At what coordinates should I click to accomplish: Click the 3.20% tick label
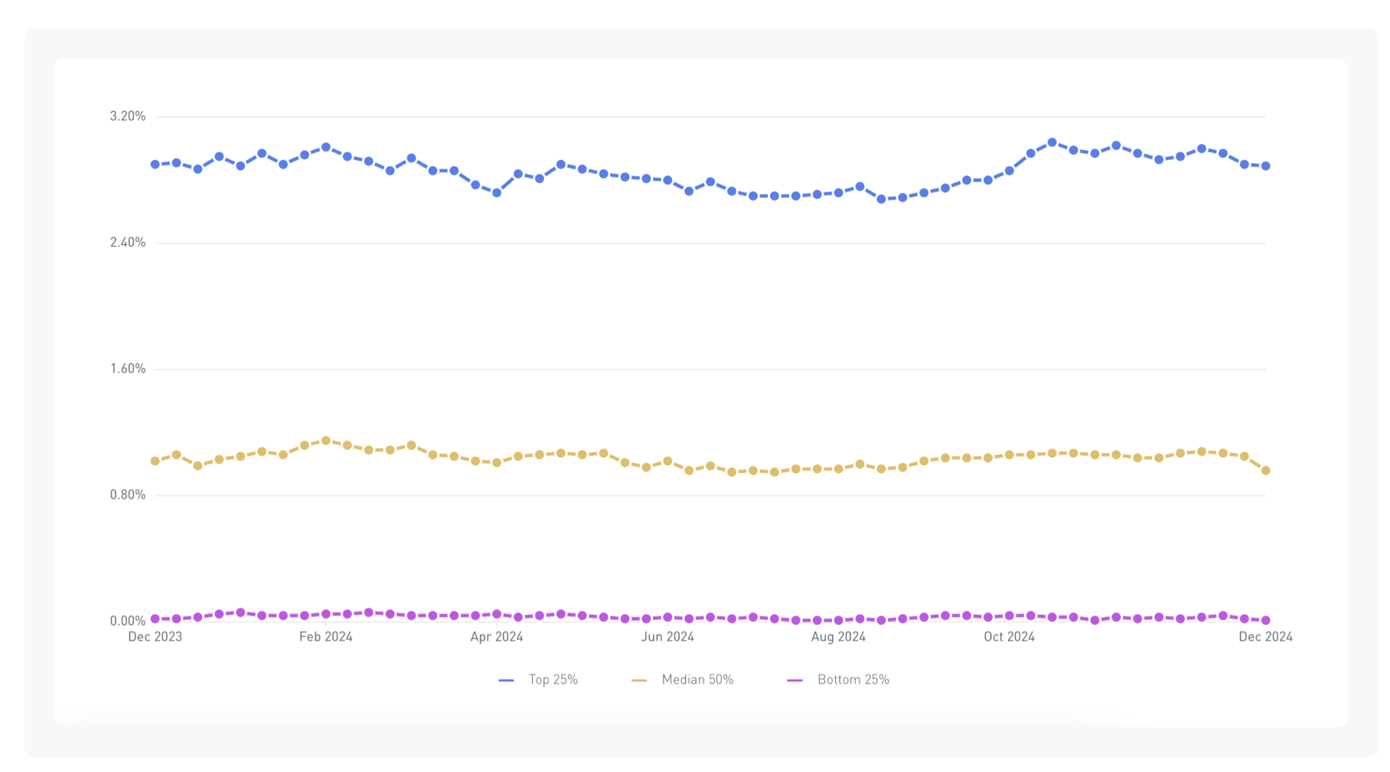[127, 116]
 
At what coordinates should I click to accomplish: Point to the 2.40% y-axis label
[127, 243]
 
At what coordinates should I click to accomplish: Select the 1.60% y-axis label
[127, 369]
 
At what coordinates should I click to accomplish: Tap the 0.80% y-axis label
[127, 496]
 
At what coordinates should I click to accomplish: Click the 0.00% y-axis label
[127, 621]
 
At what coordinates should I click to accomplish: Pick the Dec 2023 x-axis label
[155, 637]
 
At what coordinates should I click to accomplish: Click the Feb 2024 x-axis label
[326, 637]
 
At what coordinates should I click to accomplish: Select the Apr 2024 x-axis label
[497, 637]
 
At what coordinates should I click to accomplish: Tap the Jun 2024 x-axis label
[667, 637]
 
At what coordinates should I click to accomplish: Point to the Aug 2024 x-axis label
[838, 637]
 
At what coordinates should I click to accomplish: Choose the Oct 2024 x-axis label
[1009, 637]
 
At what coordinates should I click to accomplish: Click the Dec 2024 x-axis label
[1265, 637]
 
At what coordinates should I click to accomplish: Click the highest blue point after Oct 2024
[1052, 142]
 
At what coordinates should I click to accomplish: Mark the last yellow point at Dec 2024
[1265, 471]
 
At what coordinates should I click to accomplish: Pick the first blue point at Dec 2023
[155, 165]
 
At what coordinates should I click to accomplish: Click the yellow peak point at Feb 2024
[326, 441]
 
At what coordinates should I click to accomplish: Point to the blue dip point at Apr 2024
[497, 193]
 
